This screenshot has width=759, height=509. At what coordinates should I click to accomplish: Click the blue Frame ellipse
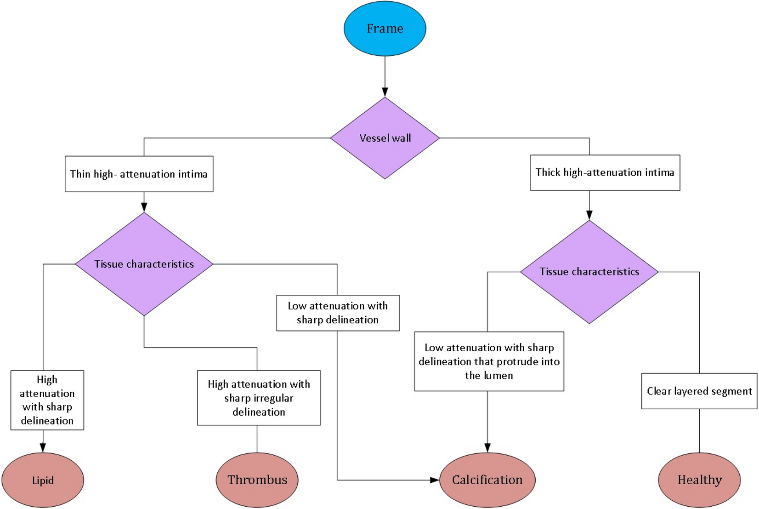(385, 29)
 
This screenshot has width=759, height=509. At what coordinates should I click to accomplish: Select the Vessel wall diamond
(385, 138)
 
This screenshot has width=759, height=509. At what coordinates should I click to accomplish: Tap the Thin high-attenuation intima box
(139, 174)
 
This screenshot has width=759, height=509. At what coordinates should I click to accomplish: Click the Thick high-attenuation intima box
(605, 172)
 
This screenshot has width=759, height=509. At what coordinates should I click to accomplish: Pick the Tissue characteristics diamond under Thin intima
(144, 264)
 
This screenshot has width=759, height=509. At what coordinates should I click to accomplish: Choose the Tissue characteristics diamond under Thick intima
(589, 272)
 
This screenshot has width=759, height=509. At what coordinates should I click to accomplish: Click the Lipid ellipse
(43, 480)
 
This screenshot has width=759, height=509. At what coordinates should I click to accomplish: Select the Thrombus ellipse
(257, 480)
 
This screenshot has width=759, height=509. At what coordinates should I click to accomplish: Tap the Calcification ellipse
(487, 480)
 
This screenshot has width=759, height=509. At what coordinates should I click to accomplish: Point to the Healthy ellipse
(699, 480)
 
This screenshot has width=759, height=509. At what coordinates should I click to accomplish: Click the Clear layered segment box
(699, 391)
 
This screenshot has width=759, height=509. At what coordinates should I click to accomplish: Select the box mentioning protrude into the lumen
(489, 361)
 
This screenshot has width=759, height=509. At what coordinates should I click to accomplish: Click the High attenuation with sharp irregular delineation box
(259, 398)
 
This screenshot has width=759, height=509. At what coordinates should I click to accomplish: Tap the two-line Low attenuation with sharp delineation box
(338, 313)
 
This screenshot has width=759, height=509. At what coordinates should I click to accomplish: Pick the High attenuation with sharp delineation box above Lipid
(47, 400)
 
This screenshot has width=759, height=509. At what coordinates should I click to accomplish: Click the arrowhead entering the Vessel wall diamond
(385, 92)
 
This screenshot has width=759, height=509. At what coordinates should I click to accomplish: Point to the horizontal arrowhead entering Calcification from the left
(434, 480)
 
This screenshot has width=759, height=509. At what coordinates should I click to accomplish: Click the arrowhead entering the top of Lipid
(43, 447)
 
